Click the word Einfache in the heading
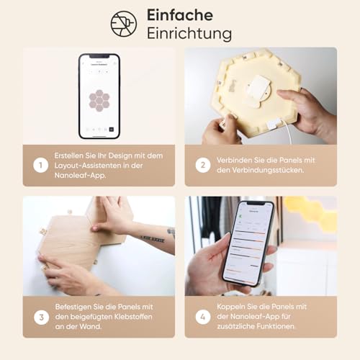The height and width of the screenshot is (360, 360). [180, 15]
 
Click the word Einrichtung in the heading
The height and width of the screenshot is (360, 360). [189, 33]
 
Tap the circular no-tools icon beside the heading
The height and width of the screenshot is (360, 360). [124, 24]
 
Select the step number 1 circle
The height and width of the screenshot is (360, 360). [40, 165]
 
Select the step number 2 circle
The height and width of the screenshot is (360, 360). [203, 165]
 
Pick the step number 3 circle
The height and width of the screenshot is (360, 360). [41, 318]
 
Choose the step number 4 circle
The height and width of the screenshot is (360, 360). [203, 317]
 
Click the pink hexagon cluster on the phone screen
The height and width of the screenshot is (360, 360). [99, 101]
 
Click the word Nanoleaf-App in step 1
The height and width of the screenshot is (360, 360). [80, 176]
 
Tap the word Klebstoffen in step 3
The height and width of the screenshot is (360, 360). [133, 317]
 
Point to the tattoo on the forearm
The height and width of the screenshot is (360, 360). [153, 239]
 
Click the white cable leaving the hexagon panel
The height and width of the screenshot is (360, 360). [287, 132]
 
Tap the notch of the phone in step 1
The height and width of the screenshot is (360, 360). [99, 56]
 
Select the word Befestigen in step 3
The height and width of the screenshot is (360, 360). [71, 307]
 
